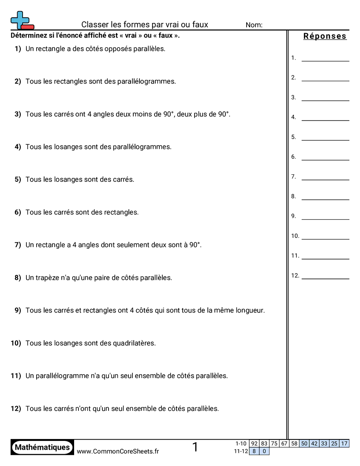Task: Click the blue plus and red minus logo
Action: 22,20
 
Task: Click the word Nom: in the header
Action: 254,25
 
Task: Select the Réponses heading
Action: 325,36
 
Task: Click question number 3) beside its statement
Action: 18,114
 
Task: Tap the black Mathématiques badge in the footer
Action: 42,447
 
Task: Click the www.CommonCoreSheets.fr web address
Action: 118,451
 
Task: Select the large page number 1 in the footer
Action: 195,447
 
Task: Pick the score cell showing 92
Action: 254,443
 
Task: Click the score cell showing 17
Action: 345,443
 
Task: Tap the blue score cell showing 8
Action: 254,451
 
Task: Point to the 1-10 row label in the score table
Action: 241,443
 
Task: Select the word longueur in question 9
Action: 249,310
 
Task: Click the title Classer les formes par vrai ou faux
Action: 145,25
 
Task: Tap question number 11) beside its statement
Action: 16,376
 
